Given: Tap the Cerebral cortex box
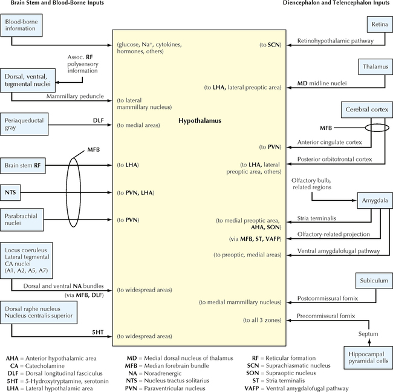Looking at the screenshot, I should (x=365, y=110).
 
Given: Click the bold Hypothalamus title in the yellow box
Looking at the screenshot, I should (x=200, y=121).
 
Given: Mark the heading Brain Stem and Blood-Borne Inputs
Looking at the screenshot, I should (x=53, y=4).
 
